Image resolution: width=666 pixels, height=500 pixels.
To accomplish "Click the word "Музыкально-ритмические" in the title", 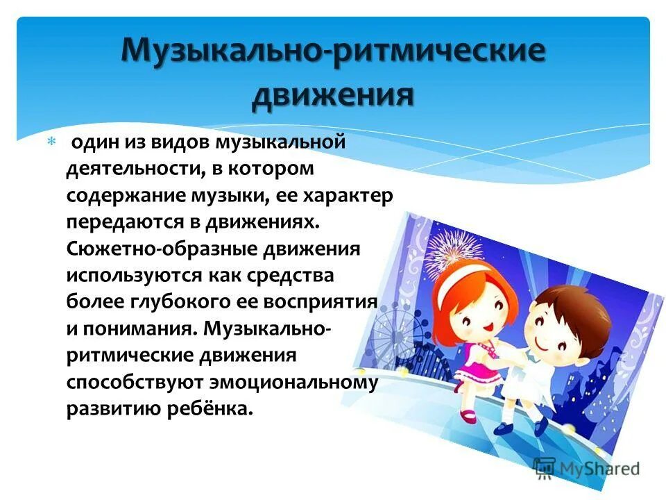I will click(334, 53).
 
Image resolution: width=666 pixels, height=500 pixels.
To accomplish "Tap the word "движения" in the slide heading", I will click(333, 95).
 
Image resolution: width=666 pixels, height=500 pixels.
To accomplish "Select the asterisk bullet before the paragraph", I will click(49, 141).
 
